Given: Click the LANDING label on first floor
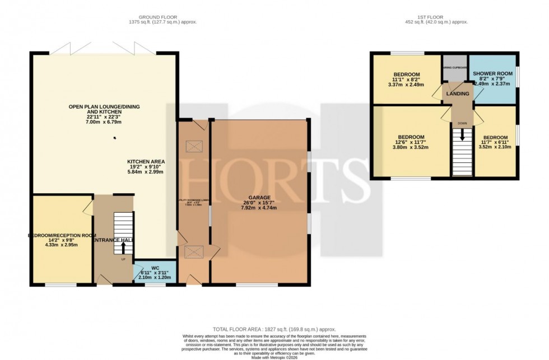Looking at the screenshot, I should (x=458, y=93).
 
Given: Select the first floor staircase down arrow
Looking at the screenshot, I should (x=462, y=135).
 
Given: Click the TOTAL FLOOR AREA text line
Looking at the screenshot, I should (x=274, y=330).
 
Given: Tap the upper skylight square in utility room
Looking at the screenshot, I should (x=193, y=147).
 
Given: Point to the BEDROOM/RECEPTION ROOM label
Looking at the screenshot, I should (x=62, y=236).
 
